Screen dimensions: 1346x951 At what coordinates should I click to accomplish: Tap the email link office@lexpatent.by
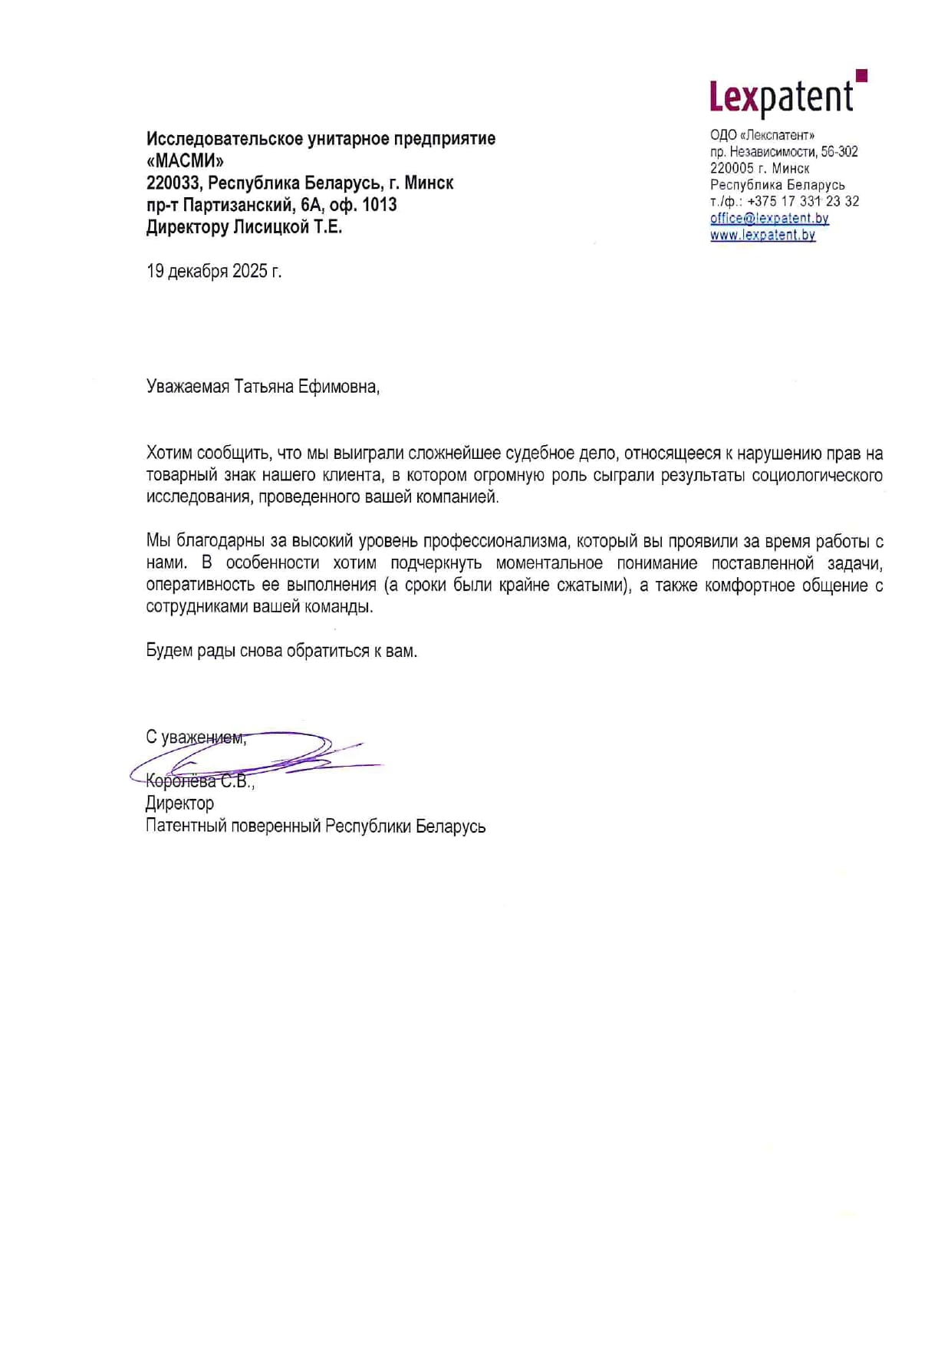click(769, 218)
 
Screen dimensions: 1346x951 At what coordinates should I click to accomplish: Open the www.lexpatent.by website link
click(762, 235)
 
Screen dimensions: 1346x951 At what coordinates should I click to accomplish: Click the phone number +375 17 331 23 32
click(803, 201)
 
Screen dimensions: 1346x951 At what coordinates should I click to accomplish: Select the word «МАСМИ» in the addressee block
click(185, 161)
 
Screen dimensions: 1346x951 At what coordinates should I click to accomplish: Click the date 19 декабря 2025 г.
click(214, 271)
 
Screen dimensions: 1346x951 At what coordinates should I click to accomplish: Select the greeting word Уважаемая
click(188, 386)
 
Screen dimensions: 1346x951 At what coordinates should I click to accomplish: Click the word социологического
click(817, 475)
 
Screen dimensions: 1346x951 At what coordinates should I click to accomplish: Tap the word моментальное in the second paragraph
click(549, 563)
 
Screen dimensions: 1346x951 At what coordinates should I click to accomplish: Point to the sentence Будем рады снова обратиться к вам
click(281, 652)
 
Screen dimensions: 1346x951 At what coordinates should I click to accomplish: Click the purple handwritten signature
click(253, 754)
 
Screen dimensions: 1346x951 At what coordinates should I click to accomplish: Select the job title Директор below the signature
click(179, 803)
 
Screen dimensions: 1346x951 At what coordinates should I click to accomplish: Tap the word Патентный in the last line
click(185, 826)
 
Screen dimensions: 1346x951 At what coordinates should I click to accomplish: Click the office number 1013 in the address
click(380, 205)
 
